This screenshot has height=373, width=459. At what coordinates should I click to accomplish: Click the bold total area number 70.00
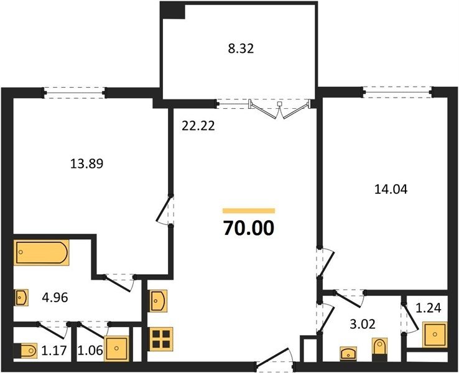249,228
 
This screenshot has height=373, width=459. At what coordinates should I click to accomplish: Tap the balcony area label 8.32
241,48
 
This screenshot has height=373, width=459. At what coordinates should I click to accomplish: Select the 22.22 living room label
198,126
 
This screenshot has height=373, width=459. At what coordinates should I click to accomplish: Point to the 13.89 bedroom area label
87,163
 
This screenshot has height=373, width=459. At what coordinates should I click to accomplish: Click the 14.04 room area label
391,189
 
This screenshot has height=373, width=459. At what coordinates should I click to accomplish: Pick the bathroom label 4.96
55,298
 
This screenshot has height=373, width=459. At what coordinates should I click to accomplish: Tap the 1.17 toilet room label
55,350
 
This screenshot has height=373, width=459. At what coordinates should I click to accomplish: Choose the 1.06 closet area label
90,350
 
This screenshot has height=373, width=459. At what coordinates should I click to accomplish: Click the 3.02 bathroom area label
363,324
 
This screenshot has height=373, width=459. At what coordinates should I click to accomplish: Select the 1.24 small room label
429,308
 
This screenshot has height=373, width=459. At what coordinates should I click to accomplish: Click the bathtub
42,252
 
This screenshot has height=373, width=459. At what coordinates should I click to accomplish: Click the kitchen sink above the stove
159,301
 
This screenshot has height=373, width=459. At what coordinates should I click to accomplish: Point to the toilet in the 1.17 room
25,351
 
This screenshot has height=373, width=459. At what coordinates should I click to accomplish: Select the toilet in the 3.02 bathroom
379,349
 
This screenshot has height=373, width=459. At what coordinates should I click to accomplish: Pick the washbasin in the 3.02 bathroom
348,353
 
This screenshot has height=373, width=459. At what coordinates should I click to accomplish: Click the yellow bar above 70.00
249,211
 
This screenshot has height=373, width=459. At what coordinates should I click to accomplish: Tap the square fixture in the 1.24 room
435,334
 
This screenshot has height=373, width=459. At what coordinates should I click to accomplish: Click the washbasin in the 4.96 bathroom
21,298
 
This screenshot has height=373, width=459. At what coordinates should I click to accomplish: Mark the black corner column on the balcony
173,11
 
